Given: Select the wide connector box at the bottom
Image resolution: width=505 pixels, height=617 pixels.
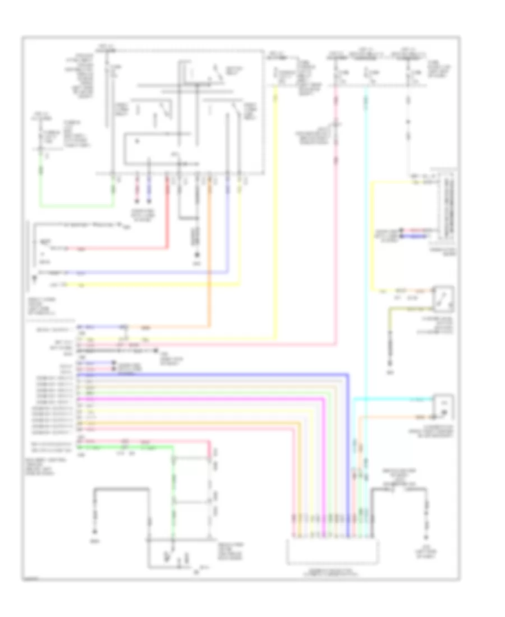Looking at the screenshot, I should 333,551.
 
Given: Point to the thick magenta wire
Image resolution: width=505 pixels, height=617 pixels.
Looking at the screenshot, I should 224,398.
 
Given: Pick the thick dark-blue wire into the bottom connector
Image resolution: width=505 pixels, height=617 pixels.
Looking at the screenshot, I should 348,449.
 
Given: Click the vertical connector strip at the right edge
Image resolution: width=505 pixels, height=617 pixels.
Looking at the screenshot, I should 449,208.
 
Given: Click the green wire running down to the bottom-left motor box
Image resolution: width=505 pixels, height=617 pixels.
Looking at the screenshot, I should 173,494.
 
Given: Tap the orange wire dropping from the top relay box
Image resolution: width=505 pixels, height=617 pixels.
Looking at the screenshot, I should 210,252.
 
